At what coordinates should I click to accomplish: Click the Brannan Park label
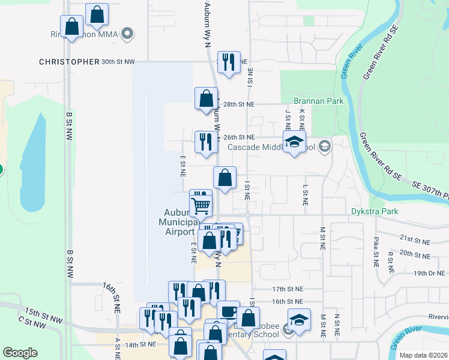click(318, 101)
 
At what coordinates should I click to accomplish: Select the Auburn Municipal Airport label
click(179, 222)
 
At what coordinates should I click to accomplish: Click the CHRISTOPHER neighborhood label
click(69, 62)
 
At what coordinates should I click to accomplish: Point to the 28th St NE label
click(239, 104)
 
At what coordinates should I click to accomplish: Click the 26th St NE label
click(240, 137)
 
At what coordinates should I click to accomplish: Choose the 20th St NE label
click(415, 256)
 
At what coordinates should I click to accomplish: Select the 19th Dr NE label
click(415, 273)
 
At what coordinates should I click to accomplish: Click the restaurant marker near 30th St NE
click(228, 62)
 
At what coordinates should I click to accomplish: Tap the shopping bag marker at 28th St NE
click(206, 98)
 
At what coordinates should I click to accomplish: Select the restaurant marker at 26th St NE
click(206, 142)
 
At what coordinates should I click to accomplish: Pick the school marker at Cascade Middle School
click(294, 142)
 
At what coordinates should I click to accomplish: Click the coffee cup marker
click(228, 311)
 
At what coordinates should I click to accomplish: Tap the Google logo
click(20, 353)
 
